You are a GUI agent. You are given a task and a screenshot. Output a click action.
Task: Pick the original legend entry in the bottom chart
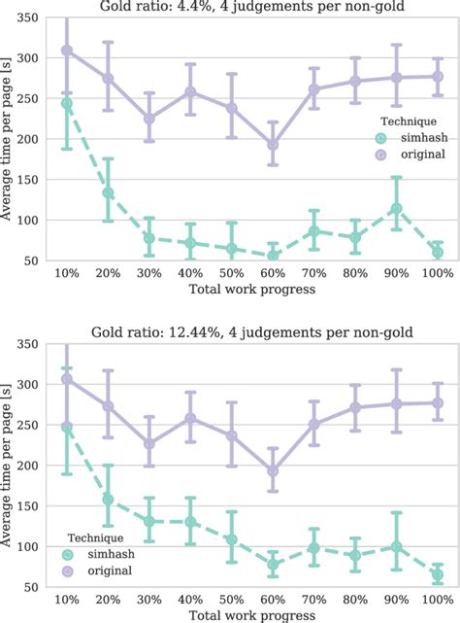coord(98,571)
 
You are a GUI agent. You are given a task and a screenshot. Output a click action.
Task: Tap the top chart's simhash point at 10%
coord(66,103)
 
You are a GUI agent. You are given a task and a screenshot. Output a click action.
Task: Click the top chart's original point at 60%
coord(273,144)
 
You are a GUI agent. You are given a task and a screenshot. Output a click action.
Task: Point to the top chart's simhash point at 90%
coord(396,208)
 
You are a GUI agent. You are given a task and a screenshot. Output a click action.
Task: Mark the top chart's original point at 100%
coord(438,76)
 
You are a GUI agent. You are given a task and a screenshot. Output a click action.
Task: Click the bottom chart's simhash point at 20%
coord(108,501)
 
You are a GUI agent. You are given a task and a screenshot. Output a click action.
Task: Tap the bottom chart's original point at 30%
coord(148,443)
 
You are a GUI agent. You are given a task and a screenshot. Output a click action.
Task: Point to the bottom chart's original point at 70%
coord(313,424)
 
